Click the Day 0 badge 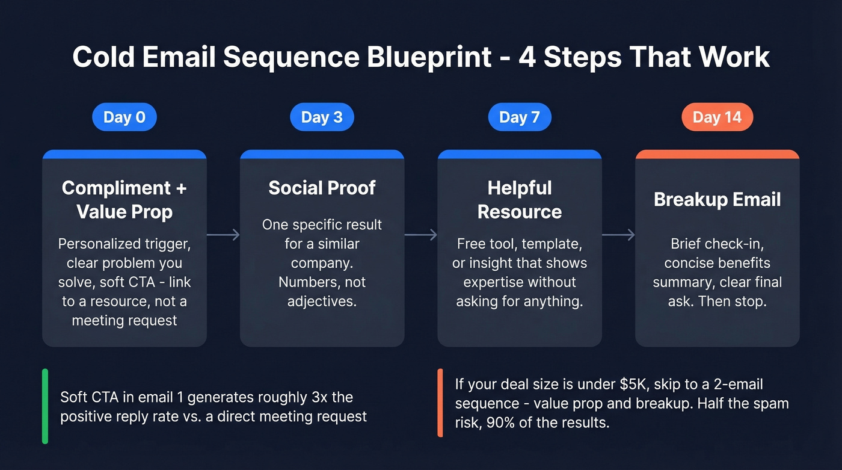(124, 117)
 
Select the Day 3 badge (322, 117)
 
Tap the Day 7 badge (519, 117)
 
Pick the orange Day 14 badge (717, 117)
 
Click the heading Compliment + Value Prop (124, 199)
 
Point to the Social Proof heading (322, 188)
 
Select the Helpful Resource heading (519, 199)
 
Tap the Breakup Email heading (717, 199)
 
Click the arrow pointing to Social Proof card (223, 235)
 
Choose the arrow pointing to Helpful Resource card (420, 235)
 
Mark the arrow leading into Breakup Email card (618, 235)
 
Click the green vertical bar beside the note (45, 406)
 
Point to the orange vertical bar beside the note (440, 403)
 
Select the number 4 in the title (527, 57)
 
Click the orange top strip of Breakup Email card (717, 154)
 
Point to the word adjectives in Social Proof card (322, 301)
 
